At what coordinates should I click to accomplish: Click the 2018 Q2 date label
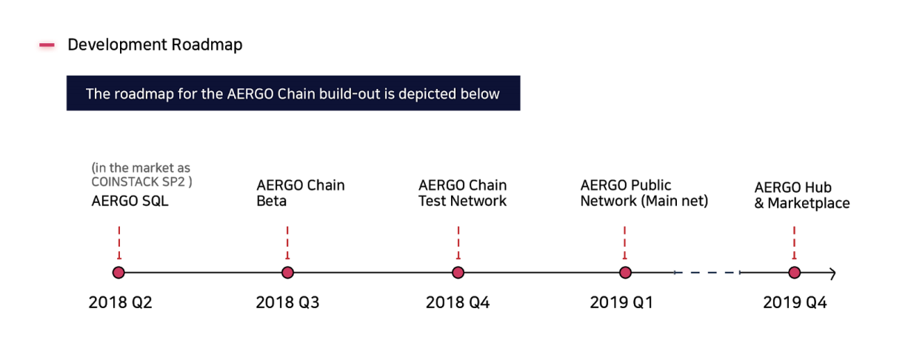121,302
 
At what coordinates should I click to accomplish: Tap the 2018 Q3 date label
287,302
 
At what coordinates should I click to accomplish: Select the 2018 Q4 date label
458,302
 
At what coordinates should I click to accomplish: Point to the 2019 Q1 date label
621,302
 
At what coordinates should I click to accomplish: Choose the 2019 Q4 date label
795,302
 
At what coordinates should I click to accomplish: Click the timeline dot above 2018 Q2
118,273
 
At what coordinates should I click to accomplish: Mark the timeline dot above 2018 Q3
287,273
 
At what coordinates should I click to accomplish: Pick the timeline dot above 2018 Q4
458,273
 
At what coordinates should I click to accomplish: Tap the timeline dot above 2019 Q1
626,273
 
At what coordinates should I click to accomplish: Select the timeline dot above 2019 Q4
795,273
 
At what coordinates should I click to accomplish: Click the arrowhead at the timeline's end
833,273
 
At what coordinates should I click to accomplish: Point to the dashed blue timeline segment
707,273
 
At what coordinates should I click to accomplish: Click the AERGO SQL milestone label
130,201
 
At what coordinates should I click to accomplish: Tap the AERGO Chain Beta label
301,193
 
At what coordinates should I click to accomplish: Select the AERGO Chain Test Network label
462,193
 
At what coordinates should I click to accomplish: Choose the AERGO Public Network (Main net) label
644,193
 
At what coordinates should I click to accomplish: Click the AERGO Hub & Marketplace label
802,195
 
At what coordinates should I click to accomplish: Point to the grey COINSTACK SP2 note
142,175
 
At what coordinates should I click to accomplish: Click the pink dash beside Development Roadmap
47,45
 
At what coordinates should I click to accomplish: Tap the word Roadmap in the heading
207,45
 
